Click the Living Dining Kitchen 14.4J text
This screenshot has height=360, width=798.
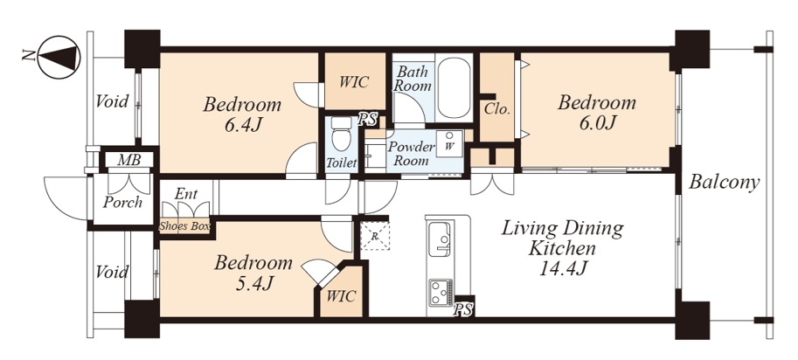pyautogui.click(x=562, y=247)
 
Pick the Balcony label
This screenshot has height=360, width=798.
pyautogui.click(x=725, y=182)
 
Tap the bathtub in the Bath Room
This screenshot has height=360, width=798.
pyautogui.click(x=455, y=88)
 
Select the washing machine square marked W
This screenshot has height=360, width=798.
pyautogui.click(x=449, y=143)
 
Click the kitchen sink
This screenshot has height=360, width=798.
pyautogui.click(x=439, y=239)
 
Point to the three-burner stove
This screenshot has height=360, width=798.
pyautogui.click(x=441, y=293)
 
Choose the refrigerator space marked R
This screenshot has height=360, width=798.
pyautogui.click(x=375, y=235)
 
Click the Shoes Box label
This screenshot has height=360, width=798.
pyautogui.click(x=184, y=226)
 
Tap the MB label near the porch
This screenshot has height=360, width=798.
pyautogui.click(x=128, y=160)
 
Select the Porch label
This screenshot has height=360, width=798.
pyautogui.click(x=122, y=203)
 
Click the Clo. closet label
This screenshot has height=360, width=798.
pyautogui.click(x=497, y=109)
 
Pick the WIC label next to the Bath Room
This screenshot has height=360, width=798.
pyautogui.click(x=354, y=82)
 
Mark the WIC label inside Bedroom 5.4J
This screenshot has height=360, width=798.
pyautogui.click(x=342, y=296)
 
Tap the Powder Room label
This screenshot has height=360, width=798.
pyautogui.click(x=412, y=154)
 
